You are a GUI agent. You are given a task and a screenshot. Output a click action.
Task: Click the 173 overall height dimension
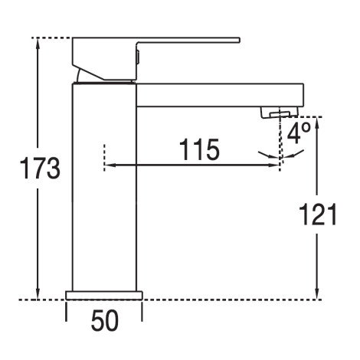coord(40,169)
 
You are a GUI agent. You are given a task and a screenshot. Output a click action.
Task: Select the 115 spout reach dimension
coord(199,149)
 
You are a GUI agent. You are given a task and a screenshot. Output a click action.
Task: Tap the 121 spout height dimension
coord(318,214)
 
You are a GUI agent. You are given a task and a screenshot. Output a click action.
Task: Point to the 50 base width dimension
coord(105,320)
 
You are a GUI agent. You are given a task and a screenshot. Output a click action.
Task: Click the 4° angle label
coord(299,133)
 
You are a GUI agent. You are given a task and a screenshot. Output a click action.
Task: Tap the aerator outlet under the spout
coord(279,113)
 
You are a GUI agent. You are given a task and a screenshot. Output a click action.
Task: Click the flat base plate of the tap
coord(104,295)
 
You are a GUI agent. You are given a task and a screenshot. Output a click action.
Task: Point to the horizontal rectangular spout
coord(220,95)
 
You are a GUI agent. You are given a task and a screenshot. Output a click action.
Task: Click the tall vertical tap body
coord(104,187)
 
